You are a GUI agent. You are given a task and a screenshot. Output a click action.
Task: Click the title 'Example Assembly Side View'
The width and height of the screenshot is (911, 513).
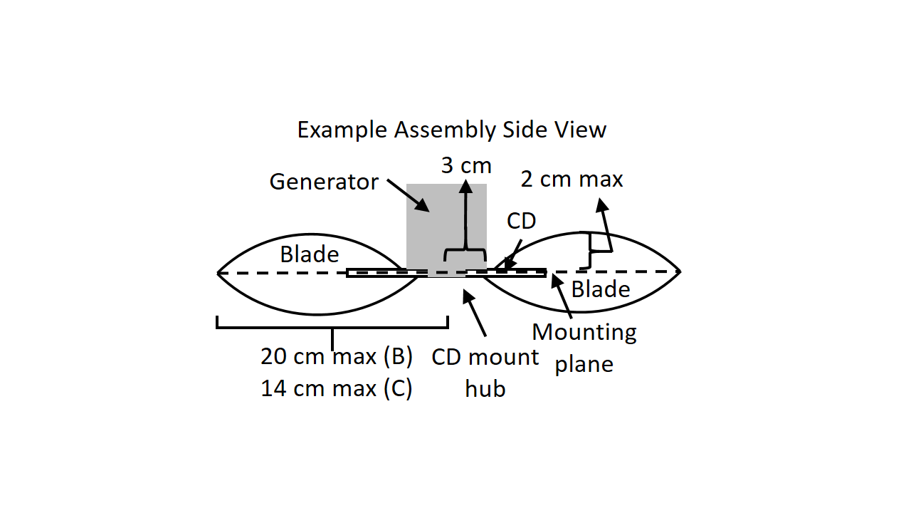pos(451,130)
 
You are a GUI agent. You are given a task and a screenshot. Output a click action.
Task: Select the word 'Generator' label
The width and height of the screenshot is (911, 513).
pos(323,182)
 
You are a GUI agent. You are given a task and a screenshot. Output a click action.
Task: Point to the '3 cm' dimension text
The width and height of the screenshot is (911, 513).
pos(466,165)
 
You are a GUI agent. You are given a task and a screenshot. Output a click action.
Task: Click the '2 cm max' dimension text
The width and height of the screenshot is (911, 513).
pos(572,179)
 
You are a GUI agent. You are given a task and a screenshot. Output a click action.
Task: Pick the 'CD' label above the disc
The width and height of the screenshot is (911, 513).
pos(521,221)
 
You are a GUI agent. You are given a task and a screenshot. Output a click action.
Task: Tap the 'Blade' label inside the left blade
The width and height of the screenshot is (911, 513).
pos(309,254)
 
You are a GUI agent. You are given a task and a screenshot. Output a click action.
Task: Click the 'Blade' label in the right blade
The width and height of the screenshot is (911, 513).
pos(601,289)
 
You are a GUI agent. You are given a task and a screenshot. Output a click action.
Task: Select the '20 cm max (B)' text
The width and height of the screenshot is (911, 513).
pos(337,356)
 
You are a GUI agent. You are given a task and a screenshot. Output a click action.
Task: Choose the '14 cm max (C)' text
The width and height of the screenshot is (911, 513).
pos(337,389)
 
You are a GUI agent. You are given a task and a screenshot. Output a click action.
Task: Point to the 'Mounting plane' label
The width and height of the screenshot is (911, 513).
pos(584,348)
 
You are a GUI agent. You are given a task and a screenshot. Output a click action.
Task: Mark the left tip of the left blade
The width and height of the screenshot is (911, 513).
pos(218,272)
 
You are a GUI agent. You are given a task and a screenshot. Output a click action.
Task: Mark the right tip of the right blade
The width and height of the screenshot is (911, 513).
pos(680,271)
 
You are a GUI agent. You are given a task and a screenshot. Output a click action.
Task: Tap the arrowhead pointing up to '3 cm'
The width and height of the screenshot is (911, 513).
pos(466,187)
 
